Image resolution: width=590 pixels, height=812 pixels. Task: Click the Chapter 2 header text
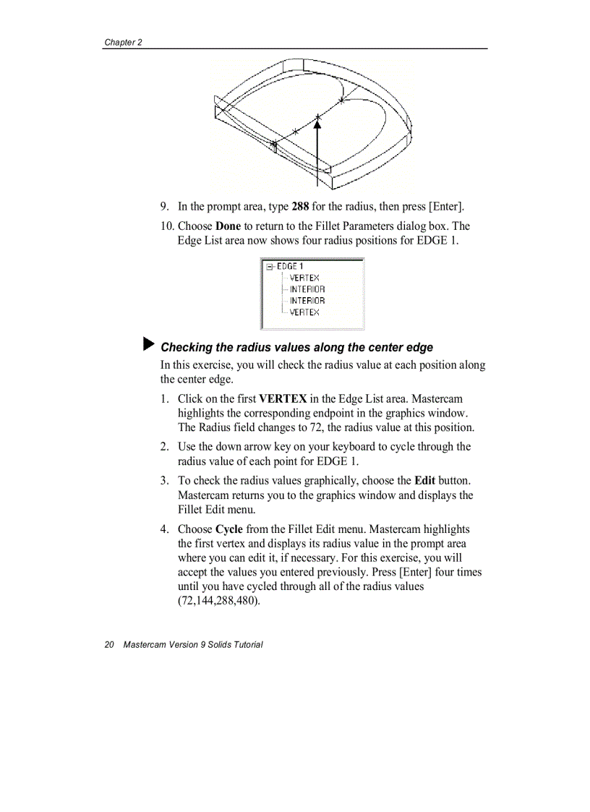point(123,42)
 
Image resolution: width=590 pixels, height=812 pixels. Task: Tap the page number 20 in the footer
point(109,644)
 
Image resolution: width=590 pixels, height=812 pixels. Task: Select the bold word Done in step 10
point(228,226)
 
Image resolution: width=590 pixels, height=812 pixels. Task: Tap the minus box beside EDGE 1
point(270,266)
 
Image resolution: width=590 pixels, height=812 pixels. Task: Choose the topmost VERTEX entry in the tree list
point(304,278)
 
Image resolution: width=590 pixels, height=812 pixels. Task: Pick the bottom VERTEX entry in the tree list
point(304,312)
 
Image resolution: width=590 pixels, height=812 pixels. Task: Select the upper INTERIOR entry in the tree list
point(307,289)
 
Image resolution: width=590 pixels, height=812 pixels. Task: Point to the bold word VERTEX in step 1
point(283,398)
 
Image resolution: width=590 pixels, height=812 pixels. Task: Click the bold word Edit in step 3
point(424,480)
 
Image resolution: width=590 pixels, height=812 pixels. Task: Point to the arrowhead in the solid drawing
point(317,124)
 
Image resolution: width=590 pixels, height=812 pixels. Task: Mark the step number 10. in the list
point(167,226)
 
